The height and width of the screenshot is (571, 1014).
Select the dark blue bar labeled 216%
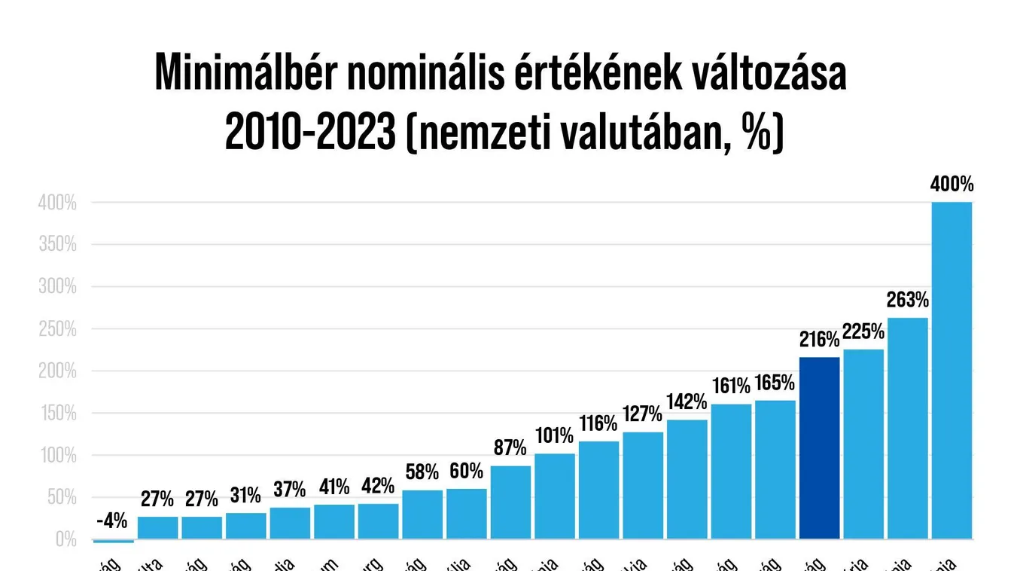coord(819,448)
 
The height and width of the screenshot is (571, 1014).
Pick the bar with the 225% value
coord(863,444)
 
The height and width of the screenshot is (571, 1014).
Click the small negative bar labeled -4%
coord(113,541)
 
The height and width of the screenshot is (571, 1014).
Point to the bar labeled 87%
coord(510,502)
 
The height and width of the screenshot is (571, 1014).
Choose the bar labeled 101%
coord(555,496)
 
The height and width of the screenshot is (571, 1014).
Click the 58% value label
coord(422,473)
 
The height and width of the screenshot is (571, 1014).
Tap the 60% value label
coord(466,472)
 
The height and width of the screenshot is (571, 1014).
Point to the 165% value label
coord(775,383)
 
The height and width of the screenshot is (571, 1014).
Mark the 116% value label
coord(598,424)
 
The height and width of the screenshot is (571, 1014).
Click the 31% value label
coord(245,496)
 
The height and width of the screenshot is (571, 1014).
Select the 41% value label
coord(333,487)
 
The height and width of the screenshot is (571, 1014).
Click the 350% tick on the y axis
coord(57,245)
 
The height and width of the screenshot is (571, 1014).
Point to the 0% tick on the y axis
coord(65,539)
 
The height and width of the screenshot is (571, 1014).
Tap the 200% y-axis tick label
coord(57,371)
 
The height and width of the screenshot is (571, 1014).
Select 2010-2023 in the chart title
coord(310,133)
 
